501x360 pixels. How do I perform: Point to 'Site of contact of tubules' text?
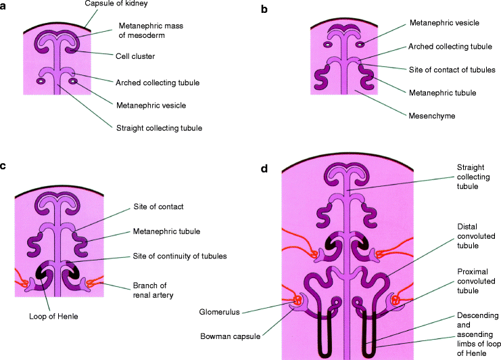pos(453,69)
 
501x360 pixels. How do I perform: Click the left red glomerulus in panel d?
pos(296,299)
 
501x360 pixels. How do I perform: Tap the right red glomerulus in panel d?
pos(396,298)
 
